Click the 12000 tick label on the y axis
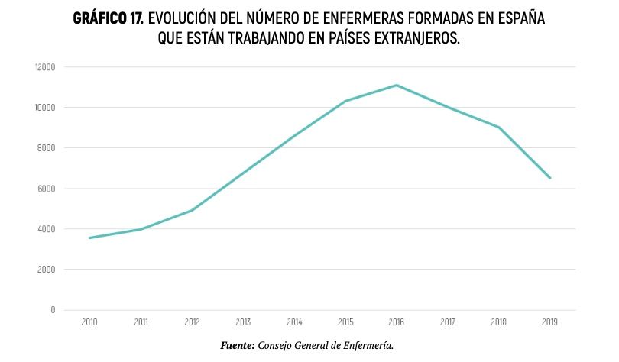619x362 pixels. click(45, 67)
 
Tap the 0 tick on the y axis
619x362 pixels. click(53, 310)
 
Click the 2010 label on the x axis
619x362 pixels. click(89, 323)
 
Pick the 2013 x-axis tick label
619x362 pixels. click(243, 323)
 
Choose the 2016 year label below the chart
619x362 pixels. click(397, 323)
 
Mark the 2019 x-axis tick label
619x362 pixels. click(550, 323)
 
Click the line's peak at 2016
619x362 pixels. click(397, 85)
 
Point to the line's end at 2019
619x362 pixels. click(550, 178)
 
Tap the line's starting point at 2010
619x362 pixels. click(89, 238)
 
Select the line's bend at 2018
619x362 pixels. click(499, 127)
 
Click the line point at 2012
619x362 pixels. click(192, 210)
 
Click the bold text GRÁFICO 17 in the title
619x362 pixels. click(109, 18)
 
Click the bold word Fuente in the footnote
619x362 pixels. click(237, 346)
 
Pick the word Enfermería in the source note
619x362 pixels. click(367, 346)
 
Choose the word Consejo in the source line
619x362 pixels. click(275, 346)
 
